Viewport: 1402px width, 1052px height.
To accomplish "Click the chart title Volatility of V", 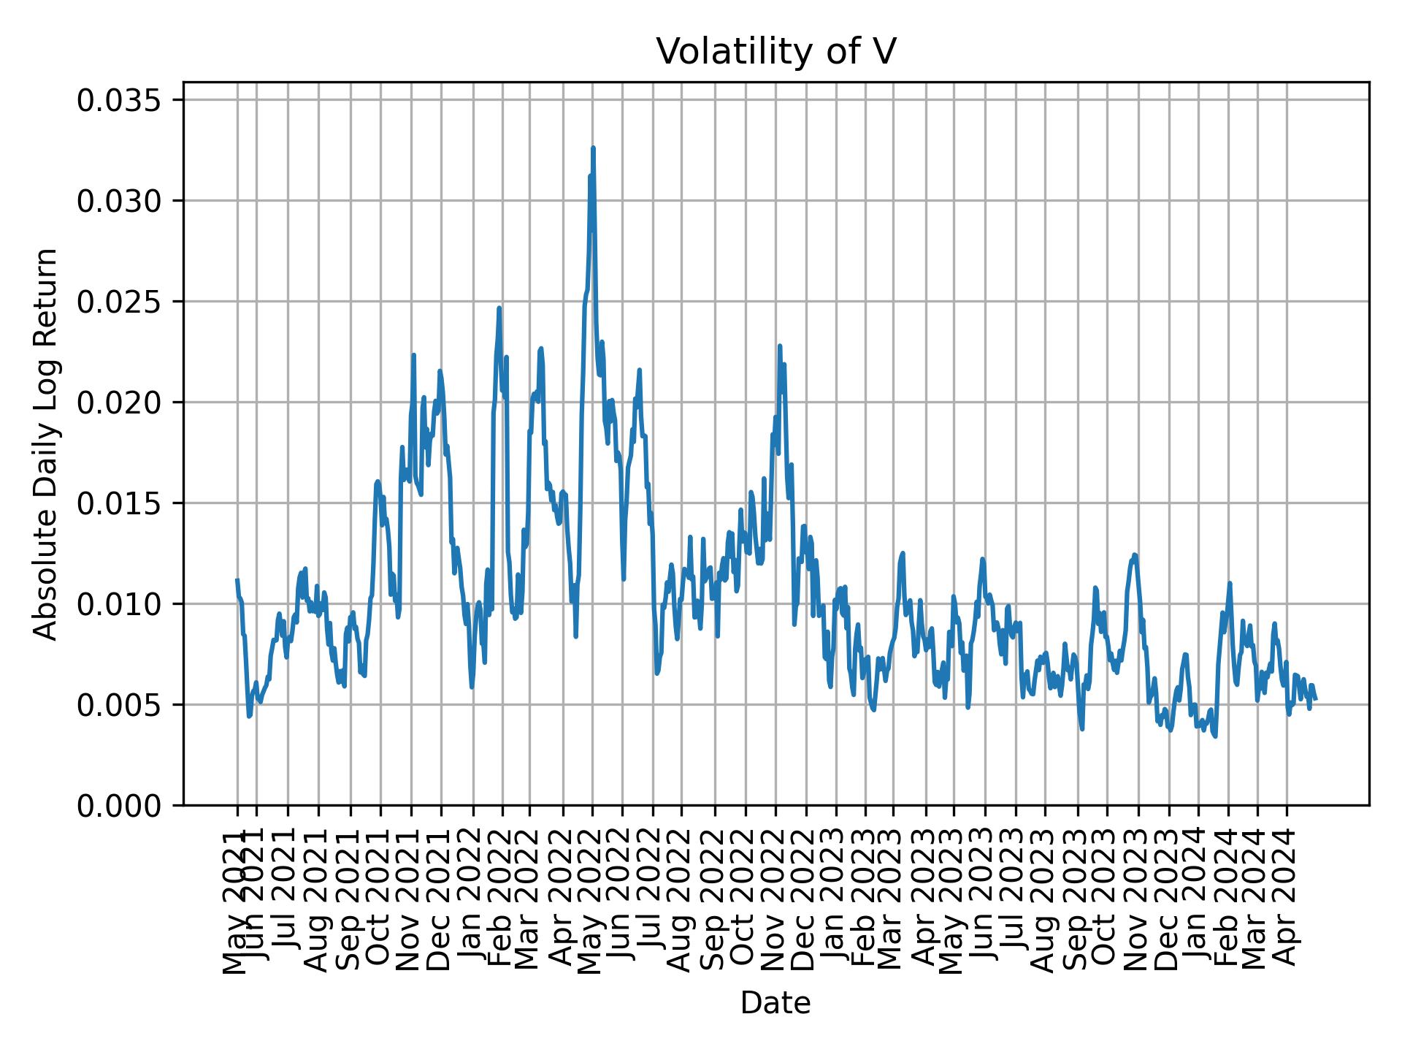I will (775, 52).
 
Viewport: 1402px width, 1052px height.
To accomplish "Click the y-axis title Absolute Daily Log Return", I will (46, 443).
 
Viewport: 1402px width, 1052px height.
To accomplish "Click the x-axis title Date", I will (775, 1004).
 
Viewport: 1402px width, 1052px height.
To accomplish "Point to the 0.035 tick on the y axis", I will (129, 100).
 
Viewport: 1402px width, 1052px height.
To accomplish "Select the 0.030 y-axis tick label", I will (129, 201).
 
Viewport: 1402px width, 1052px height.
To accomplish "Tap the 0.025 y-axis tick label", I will (129, 302).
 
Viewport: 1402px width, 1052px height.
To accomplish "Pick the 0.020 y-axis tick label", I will (129, 403).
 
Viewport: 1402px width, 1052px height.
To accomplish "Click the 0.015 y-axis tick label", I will (129, 503).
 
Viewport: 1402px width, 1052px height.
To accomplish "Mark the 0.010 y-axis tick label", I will (129, 604).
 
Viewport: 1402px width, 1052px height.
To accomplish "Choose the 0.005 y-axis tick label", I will (129, 705).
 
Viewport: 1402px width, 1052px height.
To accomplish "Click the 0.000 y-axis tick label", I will (129, 806).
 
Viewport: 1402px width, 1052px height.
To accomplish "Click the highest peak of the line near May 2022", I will (593, 148).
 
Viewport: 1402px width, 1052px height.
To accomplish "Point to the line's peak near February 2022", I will (499, 308).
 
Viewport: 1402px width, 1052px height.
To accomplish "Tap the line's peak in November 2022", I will (780, 346).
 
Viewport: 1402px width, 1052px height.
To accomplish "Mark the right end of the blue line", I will (1315, 699).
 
